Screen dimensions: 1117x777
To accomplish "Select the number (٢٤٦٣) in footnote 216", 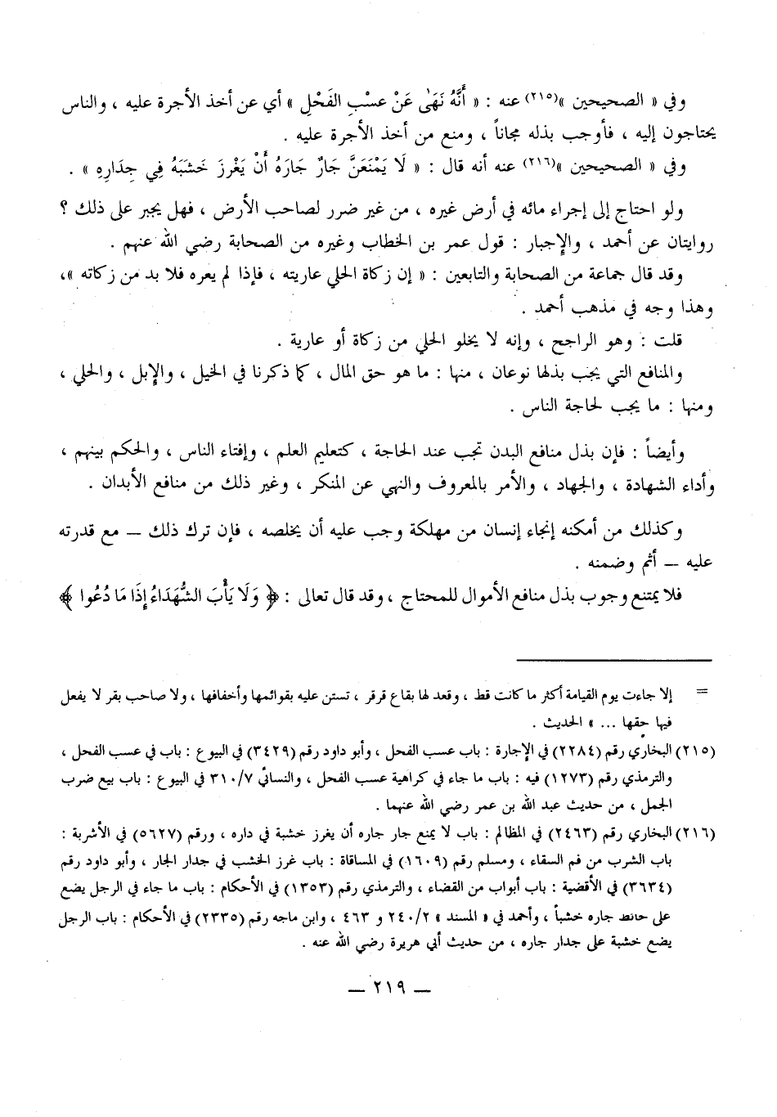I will point(577,837).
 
